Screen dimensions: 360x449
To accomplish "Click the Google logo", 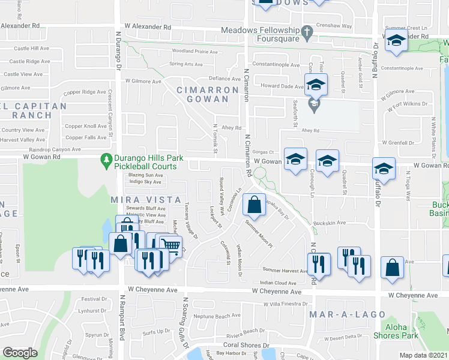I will click(20, 353).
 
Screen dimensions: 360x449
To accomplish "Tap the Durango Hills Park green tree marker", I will click(106, 161).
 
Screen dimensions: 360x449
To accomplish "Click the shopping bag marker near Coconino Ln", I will click(255, 205).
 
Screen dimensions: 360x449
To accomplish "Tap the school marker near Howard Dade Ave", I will click(316, 86).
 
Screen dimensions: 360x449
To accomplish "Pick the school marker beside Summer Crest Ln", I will click(396, 43).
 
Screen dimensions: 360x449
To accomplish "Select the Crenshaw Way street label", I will click(338, 26).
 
